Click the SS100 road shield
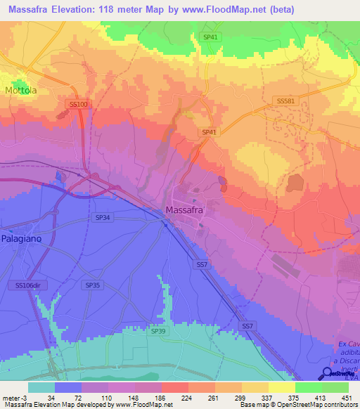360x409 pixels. pos(79,104)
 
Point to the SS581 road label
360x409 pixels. pos(286,101)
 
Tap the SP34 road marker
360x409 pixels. pos(103,219)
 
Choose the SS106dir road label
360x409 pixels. pos(29,285)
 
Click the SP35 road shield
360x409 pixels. pos(92,285)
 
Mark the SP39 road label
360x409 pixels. pos(158,330)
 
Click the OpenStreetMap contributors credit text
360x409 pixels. pos(316,405)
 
